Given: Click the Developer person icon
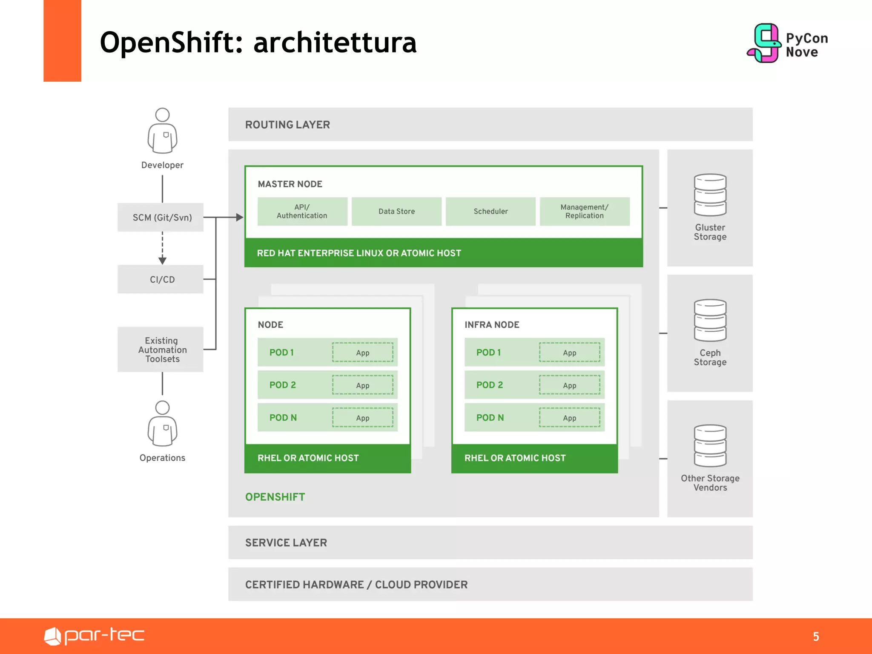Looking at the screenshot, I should coord(162,130).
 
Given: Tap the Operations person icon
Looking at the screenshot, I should coord(162,423).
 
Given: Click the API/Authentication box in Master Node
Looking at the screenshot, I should coord(302,211).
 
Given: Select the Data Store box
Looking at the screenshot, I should coord(396,211).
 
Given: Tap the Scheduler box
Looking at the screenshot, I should coord(490,211).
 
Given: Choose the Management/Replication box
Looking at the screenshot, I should coord(584,211).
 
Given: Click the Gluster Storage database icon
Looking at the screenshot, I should coord(710,195).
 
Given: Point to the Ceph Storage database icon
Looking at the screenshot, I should coord(710,320).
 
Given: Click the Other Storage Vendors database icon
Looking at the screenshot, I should coord(710,446).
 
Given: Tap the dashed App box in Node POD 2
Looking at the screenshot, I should coord(363,385).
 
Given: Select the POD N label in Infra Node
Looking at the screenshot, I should coord(490,418).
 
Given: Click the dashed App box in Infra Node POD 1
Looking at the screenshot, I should coord(569,353).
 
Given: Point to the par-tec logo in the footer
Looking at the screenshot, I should coord(94,636).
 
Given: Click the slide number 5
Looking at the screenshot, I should coord(816,637).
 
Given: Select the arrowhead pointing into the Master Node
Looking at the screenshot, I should coord(240,217).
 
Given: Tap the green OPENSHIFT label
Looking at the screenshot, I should coord(275,497).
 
